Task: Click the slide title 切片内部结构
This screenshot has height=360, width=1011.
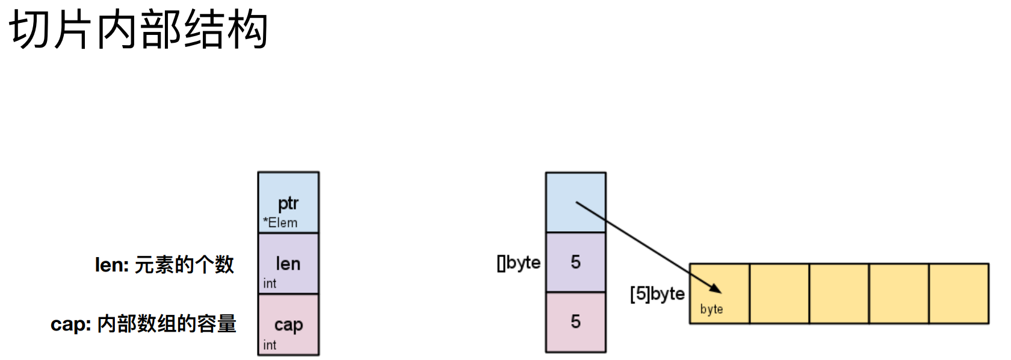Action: pyautogui.click(x=138, y=30)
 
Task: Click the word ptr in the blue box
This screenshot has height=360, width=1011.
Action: pyautogui.click(x=288, y=203)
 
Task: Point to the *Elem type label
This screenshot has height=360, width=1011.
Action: pyautogui.click(x=280, y=223)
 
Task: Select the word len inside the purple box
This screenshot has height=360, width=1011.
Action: pyautogui.click(x=288, y=264)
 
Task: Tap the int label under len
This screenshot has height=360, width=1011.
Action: pyautogui.click(x=270, y=284)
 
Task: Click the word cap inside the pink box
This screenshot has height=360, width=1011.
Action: pyautogui.click(x=288, y=324)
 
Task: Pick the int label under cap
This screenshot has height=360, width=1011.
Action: pyautogui.click(x=270, y=345)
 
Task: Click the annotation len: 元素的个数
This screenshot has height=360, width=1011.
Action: pyautogui.click(x=164, y=264)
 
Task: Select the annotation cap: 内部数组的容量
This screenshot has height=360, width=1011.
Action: pyautogui.click(x=143, y=324)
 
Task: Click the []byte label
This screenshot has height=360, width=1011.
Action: pyautogui.click(x=519, y=262)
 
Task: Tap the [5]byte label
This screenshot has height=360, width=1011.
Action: pyautogui.click(x=657, y=294)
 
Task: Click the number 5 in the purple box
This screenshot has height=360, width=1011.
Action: pyautogui.click(x=576, y=262)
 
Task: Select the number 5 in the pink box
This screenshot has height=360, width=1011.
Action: pyautogui.click(x=576, y=321)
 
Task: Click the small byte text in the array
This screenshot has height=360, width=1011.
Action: pyautogui.click(x=711, y=309)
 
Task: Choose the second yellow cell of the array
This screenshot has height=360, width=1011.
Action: pyautogui.click(x=779, y=293)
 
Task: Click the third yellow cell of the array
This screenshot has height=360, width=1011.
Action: pyautogui.click(x=839, y=293)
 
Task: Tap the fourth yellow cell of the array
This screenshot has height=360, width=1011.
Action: pyautogui.click(x=899, y=293)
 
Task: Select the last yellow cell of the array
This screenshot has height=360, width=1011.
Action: pyautogui.click(x=959, y=293)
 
